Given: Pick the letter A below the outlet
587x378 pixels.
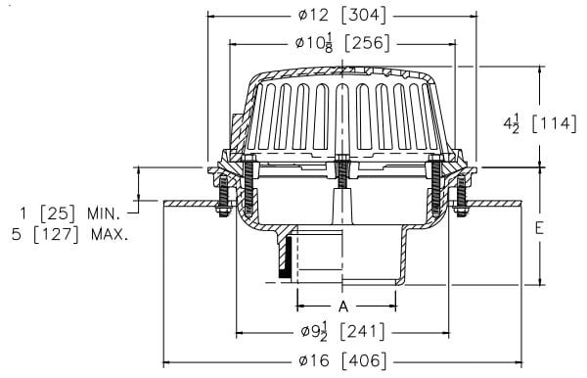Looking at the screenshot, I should pyautogui.click(x=343, y=307).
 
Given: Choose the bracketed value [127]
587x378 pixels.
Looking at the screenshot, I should pyautogui.click(x=73, y=235).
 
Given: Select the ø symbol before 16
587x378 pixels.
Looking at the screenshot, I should pyautogui.click(x=300, y=359).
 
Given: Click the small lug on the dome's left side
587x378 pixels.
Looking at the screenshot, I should pyautogui.click(x=236, y=125).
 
